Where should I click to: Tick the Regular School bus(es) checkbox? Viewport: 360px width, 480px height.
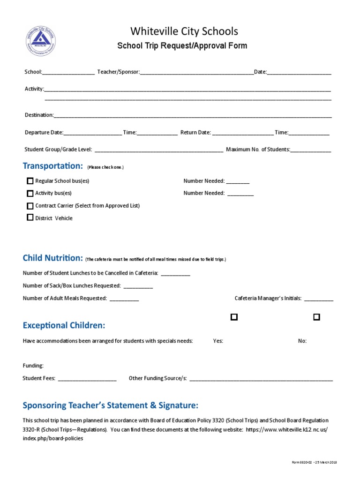coord(30,181)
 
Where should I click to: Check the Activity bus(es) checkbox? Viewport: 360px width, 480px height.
coord(30,193)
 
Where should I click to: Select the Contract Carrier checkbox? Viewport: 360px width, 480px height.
coord(30,206)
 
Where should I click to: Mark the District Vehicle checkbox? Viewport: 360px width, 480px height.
coord(30,217)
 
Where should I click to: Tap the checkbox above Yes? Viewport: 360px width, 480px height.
coord(234,317)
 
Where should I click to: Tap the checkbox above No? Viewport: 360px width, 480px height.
coord(316,317)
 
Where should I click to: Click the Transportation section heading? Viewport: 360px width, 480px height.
coord(53,166)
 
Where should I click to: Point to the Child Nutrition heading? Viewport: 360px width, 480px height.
coord(52,258)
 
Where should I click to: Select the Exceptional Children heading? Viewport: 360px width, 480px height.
coord(64,325)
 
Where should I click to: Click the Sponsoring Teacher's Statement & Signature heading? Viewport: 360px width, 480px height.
coord(111,405)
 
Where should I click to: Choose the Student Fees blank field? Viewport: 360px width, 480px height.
coord(87,379)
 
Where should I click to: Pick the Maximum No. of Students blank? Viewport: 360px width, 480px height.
coord(311,151)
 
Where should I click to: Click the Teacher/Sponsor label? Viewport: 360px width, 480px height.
coord(118,72)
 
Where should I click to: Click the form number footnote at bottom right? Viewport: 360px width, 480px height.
coord(314,463)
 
